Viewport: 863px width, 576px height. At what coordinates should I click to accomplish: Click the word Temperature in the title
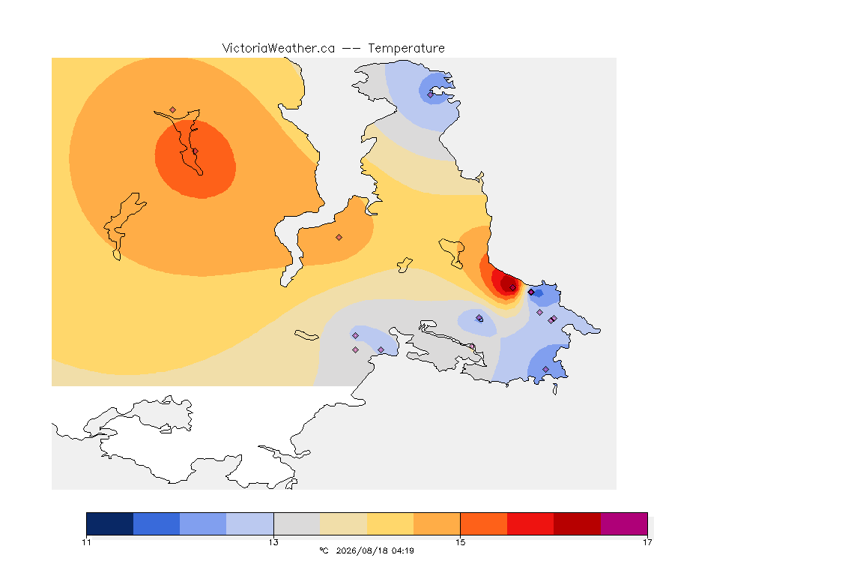[x=406, y=49]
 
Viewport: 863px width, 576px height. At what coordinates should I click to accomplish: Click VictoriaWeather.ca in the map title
[x=279, y=48]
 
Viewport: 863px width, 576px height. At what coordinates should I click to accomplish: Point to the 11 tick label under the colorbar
[x=86, y=542]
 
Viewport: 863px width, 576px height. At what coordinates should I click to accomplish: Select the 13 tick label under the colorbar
[x=273, y=542]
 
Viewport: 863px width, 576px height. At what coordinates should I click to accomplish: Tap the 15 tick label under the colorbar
[x=460, y=542]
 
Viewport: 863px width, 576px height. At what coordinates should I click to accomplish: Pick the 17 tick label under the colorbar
[x=647, y=542]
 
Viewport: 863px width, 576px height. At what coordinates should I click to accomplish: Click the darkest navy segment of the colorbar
[x=110, y=523]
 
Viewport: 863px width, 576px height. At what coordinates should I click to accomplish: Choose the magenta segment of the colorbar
[x=624, y=523]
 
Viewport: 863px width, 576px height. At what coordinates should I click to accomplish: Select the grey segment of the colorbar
[x=297, y=523]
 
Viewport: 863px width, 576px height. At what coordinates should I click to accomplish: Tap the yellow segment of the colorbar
[x=390, y=523]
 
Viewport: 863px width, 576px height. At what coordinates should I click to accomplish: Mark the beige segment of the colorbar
[x=343, y=523]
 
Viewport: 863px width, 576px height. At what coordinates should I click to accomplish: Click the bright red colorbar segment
[x=530, y=523]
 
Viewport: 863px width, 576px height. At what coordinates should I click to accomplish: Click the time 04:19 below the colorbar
[x=403, y=550]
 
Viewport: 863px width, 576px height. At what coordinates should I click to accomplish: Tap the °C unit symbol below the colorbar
[x=324, y=550]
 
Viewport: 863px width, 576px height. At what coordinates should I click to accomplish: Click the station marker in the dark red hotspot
[x=513, y=288]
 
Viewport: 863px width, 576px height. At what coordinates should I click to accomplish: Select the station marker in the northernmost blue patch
[x=431, y=94]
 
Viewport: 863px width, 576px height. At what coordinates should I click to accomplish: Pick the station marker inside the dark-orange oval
[x=195, y=151]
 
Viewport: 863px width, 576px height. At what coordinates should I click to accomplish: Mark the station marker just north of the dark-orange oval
[x=173, y=110]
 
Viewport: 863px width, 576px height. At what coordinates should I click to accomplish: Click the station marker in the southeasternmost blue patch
[x=545, y=369]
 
